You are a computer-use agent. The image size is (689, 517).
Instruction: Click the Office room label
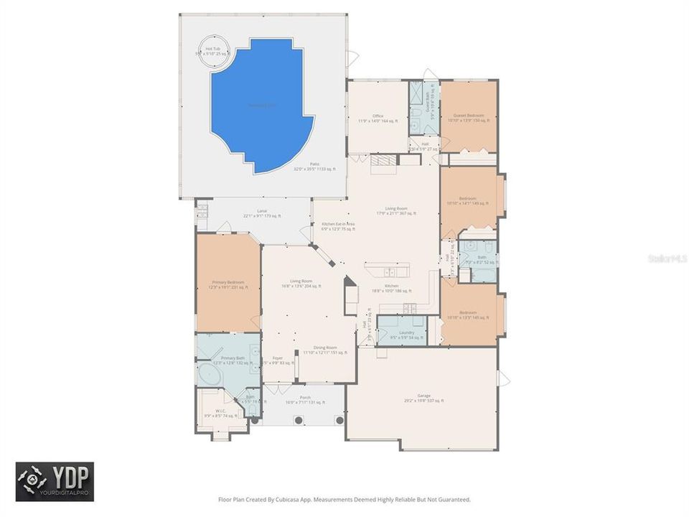click(378, 118)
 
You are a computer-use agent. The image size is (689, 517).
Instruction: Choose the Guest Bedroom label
click(468, 118)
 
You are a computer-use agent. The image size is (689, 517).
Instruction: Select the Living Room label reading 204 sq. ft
click(301, 283)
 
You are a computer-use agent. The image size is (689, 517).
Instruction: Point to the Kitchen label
click(391, 288)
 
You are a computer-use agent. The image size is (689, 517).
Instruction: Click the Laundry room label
click(406, 335)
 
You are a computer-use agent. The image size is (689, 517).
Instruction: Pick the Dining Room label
click(325, 350)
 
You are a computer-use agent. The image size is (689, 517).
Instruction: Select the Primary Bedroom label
click(228, 285)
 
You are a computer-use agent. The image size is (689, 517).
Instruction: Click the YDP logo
click(55, 481)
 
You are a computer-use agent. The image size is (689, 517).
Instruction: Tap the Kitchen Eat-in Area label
click(338, 226)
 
